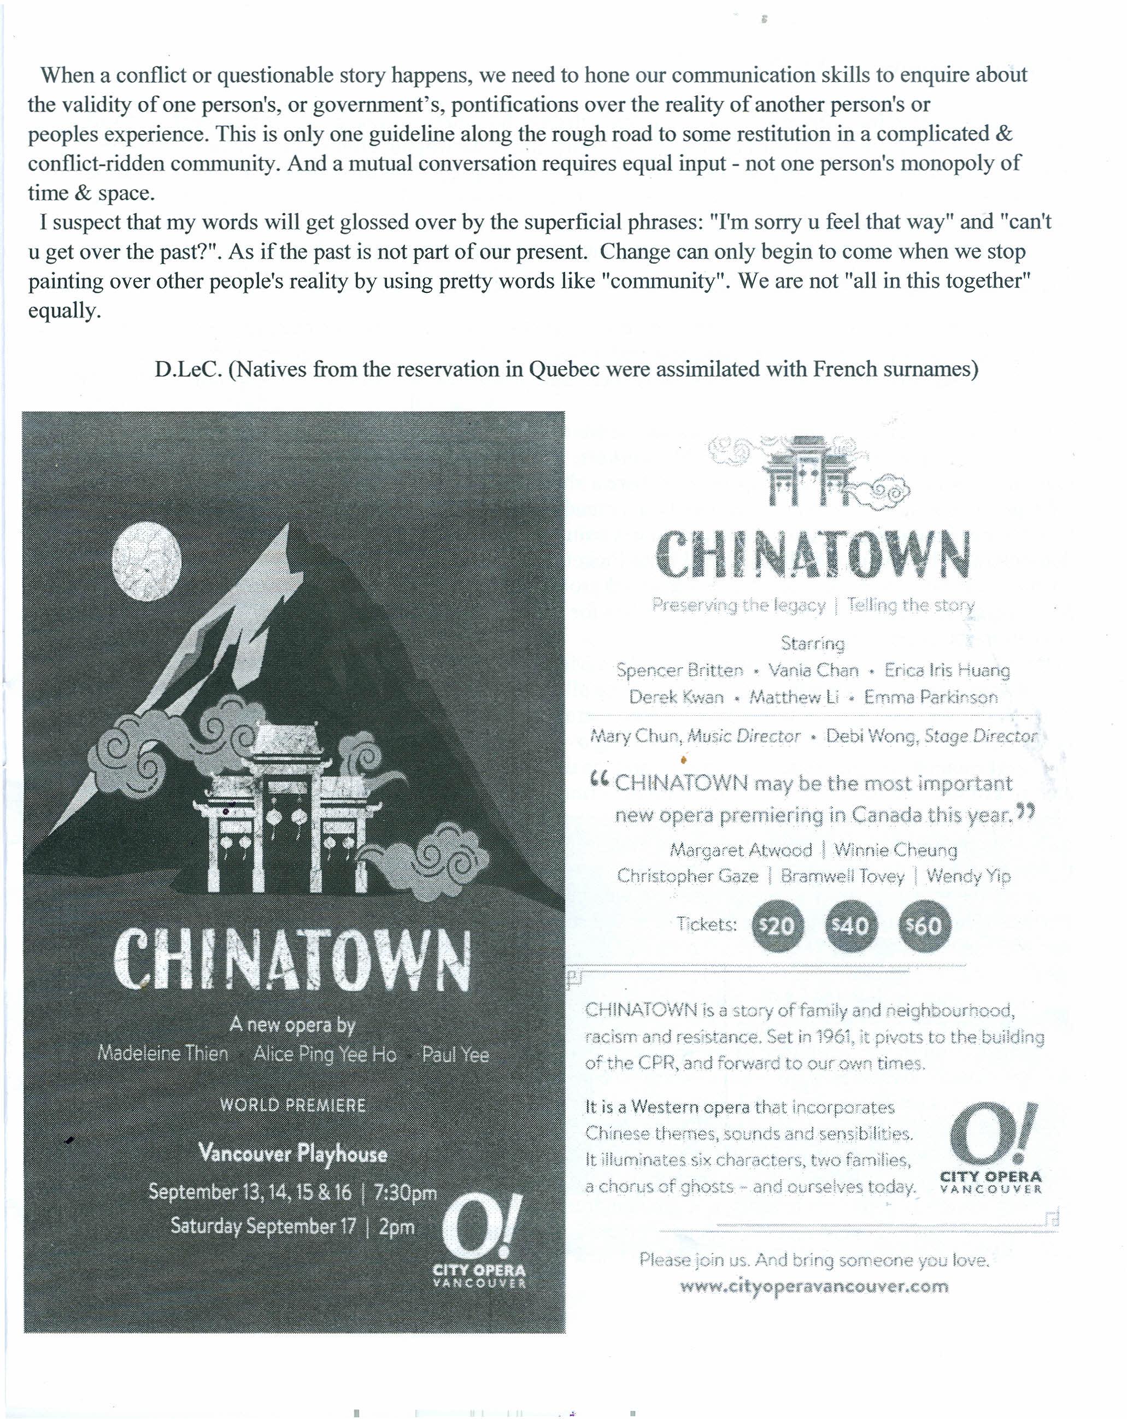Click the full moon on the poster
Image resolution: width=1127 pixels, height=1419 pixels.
click(x=146, y=561)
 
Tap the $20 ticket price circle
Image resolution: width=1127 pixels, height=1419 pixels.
click(x=777, y=926)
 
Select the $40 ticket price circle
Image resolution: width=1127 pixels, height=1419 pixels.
click(x=850, y=926)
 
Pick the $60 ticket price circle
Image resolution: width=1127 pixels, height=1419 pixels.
click(x=924, y=926)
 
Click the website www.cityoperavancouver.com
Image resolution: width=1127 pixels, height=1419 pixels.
click(x=814, y=1286)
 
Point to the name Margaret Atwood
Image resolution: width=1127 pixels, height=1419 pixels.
click(x=741, y=850)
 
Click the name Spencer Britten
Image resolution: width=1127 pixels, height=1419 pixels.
click(x=679, y=670)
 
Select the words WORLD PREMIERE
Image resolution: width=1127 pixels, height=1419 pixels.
click(x=293, y=1105)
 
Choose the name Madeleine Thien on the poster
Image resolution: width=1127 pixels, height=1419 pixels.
click(x=162, y=1053)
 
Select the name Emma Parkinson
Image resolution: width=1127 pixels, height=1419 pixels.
click(x=931, y=697)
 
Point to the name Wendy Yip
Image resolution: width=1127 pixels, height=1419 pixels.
click(x=968, y=876)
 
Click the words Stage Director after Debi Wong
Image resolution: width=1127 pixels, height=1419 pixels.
click(x=981, y=736)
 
